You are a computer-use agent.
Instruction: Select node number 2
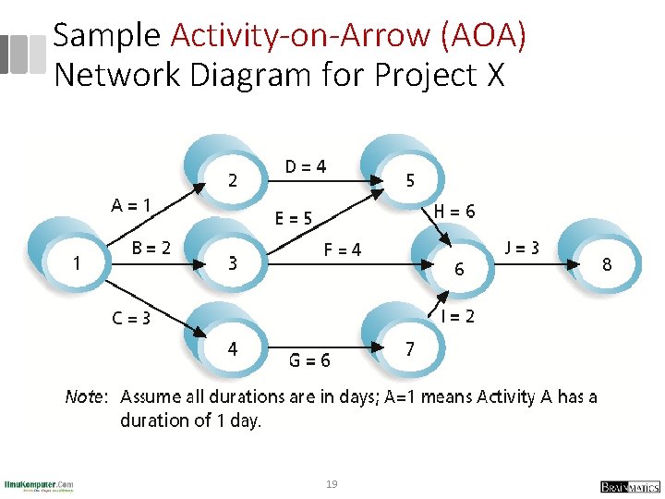(x=232, y=181)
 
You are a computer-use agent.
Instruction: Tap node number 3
(x=233, y=263)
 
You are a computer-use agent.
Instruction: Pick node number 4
(x=233, y=349)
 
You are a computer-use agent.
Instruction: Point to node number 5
(x=410, y=181)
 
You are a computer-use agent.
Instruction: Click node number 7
(x=409, y=349)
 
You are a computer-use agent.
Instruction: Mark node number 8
(x=607, y=265)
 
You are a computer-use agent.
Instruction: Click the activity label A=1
(x=132, y=204)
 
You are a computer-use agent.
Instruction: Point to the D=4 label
(x=305, y=167)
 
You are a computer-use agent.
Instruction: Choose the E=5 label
(x=295, y=219)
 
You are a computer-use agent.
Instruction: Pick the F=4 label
(x=342, y=249)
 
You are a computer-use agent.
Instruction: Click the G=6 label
(x=310, y=360)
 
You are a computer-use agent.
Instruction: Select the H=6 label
(x=454, y=212)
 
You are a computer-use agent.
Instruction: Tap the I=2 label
(x=458, y=317)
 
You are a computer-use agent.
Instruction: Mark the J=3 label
(x=523, y=248)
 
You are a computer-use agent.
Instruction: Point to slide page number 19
(x=332, y=483)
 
